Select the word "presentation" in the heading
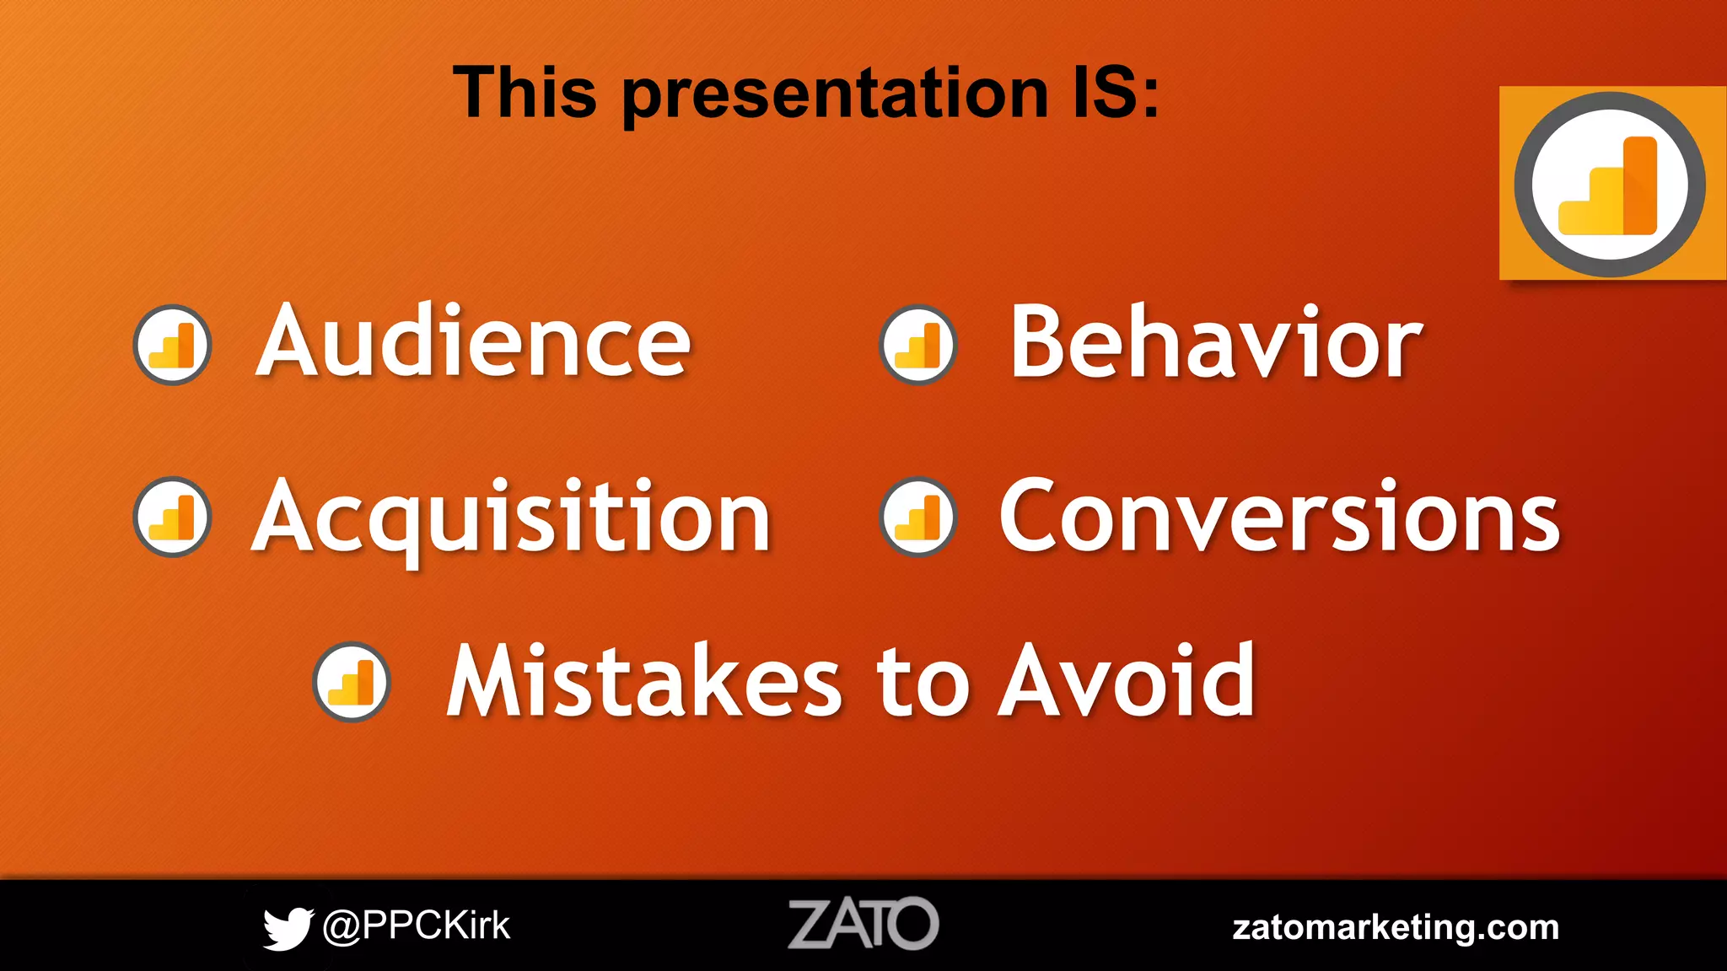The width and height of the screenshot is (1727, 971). click(835, 94)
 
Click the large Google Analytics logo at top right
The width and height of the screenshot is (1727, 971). click(1610, 184)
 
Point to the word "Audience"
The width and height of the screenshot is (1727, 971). click(473, 342)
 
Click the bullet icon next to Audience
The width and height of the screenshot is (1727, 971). click(172, 344)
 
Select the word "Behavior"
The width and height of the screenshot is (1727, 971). click(1215, 342)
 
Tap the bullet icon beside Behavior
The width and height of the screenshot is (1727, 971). click(917, 344)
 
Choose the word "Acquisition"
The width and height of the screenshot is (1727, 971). click(511, 516)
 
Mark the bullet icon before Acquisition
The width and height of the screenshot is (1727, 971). click(172, 517)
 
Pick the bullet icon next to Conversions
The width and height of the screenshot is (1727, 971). click(917, 517)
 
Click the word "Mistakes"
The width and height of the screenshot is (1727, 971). click(644, 681)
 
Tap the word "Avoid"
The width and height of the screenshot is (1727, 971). click(1127, 681)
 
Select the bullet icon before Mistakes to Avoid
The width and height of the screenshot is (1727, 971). click(352, 681)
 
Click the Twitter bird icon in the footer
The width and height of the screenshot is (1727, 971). click(287, 927)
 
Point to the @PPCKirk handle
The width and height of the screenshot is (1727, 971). click(417, 925)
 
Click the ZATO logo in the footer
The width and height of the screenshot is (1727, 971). click(863, 924)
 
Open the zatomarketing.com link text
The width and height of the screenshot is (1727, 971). click(1396, 927)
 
